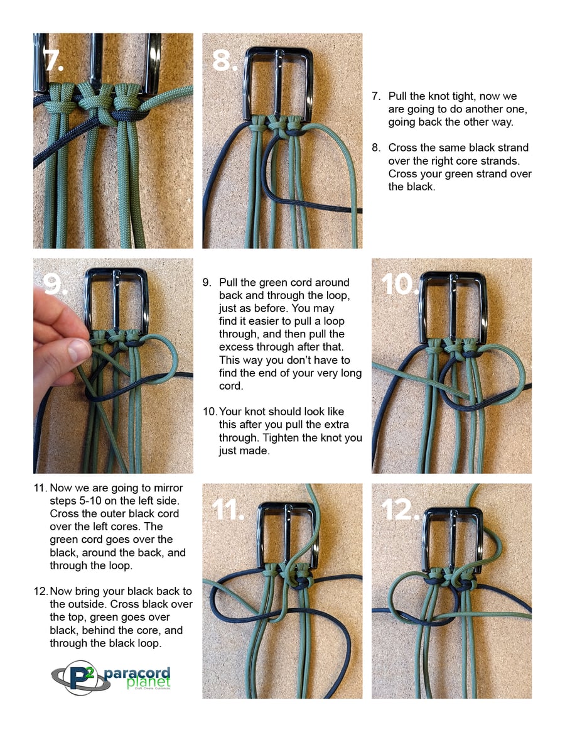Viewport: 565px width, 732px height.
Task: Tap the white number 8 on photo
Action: tap(224, 60)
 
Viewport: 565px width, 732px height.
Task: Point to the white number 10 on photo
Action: tap(399, 284)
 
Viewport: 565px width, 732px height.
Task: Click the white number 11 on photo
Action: tap(228, 510)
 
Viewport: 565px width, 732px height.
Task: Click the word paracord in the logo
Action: tap(137, 673)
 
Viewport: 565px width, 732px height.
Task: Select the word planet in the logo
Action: tap(148, 682)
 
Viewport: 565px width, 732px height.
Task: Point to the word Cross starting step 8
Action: tap(402, 148)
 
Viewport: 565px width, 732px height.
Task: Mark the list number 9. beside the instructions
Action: tap(207, 283)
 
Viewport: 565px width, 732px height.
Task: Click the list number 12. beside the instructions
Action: tap(41, 591)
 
